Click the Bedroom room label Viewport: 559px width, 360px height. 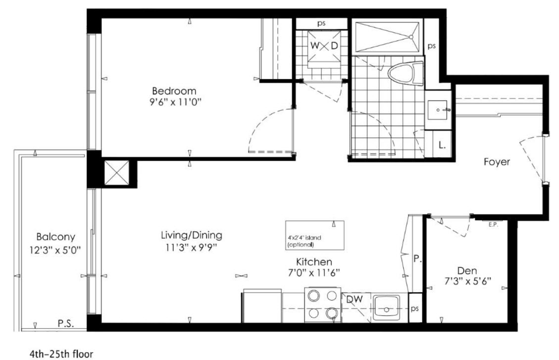174,91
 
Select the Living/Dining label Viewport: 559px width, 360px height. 192,235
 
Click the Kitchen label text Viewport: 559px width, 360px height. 314,262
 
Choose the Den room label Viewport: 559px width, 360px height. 467,270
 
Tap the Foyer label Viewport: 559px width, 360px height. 497,162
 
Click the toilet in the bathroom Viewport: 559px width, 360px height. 406,74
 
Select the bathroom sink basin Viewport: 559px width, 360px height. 438,110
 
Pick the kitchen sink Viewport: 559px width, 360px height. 387,307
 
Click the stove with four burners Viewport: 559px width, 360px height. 323,305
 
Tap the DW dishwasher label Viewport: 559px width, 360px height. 355,299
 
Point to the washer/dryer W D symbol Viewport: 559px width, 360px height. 324,47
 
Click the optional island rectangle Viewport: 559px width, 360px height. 315,235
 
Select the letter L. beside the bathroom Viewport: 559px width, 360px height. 442,146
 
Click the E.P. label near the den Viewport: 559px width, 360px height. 493,225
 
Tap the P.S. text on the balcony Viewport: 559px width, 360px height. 65,324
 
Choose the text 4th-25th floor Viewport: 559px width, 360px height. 61,354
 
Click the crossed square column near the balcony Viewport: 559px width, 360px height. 116,173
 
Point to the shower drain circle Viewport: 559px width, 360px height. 410,37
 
